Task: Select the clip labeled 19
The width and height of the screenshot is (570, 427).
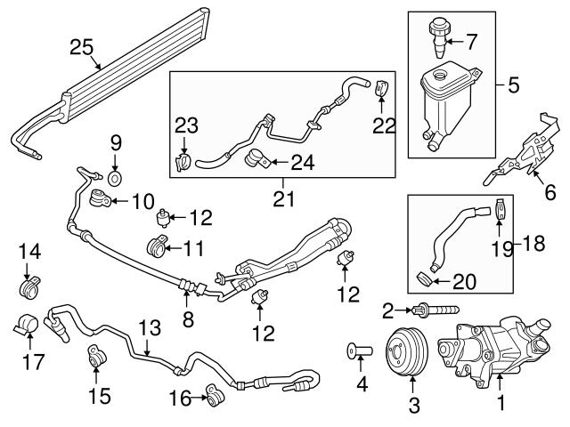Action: click(500, 210)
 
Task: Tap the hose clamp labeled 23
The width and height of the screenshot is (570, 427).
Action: click(183, 163)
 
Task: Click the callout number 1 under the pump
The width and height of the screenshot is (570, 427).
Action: click(500, 405)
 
